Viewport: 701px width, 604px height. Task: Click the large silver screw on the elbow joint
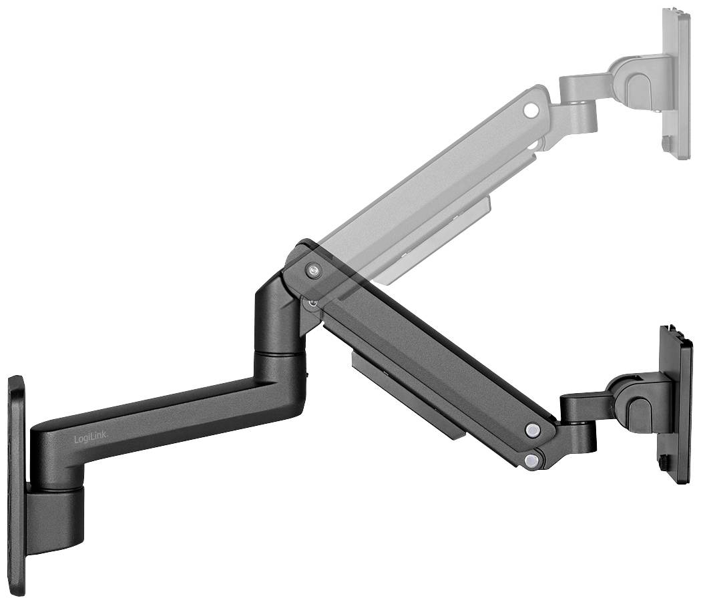(x=313, y=270)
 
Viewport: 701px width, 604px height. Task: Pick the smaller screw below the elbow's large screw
(x=311, y=302)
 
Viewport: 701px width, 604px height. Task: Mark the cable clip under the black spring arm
(x=407, y=394)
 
